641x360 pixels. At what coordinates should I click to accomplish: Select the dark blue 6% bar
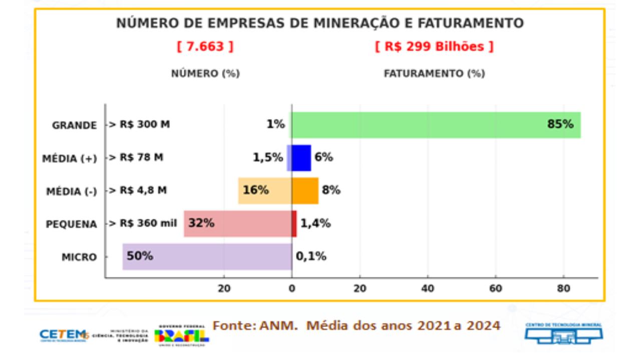301,158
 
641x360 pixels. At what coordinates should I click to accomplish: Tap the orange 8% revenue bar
305,191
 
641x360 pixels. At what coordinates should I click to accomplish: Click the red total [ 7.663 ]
205,47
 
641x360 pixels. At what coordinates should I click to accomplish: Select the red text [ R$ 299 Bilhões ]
434,47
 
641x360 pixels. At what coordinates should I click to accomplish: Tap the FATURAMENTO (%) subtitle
434,74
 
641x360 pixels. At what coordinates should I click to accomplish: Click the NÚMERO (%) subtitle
205,74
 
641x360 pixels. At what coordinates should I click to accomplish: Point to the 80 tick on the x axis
563,288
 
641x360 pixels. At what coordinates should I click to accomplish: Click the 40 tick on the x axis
428,288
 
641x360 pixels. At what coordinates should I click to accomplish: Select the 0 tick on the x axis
292,288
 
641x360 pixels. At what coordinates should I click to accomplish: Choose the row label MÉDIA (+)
70,159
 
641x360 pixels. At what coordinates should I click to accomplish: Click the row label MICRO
79,257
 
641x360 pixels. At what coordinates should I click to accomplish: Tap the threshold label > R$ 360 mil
143,223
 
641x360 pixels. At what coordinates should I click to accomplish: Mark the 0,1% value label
311,256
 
